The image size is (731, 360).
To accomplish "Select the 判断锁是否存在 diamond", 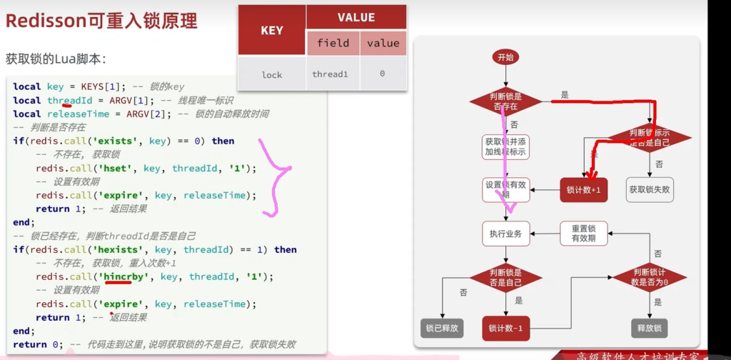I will [505, 101].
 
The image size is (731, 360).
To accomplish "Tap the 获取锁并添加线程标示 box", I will [505, 146].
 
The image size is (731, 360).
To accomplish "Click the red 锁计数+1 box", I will [583, 190].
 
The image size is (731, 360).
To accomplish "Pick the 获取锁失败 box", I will [651, 190].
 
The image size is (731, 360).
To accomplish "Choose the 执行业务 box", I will [505, 234].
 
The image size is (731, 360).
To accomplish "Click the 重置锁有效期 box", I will [583, 234].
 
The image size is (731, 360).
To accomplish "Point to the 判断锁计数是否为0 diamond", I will [650, 276].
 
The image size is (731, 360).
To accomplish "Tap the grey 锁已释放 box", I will [443, 328].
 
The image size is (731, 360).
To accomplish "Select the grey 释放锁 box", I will [650, 328].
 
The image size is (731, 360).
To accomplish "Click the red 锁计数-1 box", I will [505, 328].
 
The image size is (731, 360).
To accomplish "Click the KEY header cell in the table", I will [272, 31].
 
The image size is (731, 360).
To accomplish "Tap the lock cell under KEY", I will [272, 74].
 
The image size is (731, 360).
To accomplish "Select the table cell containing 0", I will [383, 74].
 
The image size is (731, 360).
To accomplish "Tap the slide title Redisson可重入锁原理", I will [101, 21].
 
